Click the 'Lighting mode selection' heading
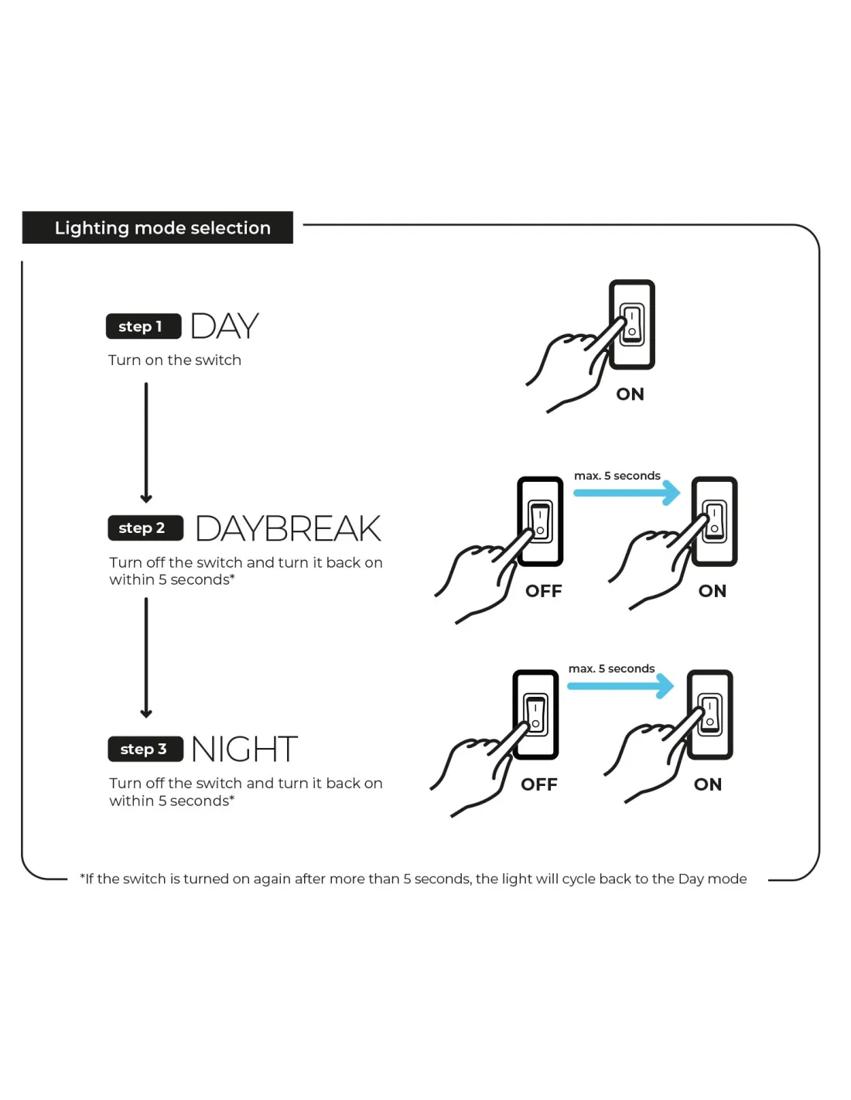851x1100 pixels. [162, 228]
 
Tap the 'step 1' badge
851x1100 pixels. [143, 326]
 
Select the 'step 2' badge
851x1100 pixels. [145, 528]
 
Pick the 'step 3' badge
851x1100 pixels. [145, 749]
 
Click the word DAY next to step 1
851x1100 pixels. [224, 326]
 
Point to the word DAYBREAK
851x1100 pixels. [288, 529]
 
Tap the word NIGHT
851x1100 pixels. [244, 749]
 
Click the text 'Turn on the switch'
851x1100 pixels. [175, 360]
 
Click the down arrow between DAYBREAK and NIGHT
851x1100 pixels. [146, 658]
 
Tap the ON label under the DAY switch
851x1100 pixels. [630, 395]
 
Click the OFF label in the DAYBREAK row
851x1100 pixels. [544, 592]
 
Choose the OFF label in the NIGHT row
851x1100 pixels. [539, 785]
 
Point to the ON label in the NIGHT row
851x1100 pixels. [708, 785]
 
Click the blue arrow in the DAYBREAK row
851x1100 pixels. [627, 493]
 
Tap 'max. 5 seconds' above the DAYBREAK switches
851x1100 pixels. [617, 476]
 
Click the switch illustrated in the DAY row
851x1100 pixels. [632, 325]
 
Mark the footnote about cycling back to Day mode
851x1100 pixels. [413, 880]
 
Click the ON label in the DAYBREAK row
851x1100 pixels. [713, 592]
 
